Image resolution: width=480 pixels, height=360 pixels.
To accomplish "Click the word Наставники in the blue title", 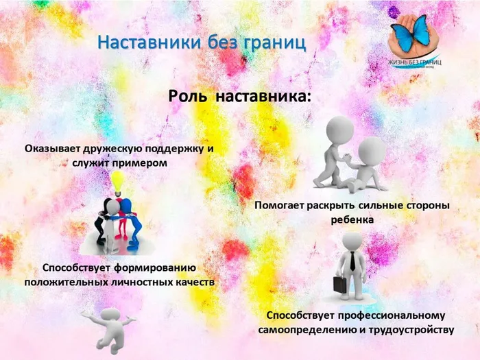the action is point(149,43).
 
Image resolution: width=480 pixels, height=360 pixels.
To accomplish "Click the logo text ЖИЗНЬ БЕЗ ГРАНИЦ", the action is point(414,62).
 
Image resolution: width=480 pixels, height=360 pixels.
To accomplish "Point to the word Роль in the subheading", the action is point(187,96).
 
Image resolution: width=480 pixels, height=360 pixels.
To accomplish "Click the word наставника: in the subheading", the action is point(263,97).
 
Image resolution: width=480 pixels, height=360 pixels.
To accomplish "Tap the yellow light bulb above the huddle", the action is point(119,183).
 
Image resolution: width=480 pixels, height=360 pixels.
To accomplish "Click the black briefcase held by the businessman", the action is point(340,285).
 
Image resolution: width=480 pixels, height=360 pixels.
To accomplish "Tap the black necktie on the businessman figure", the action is point(352,261).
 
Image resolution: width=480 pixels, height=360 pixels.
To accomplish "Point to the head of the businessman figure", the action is point(352,241).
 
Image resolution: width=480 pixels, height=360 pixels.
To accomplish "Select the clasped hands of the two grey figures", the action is point(346,158).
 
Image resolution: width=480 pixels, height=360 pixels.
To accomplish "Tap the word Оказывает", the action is point(52,149).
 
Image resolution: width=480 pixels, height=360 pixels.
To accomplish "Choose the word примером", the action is point(139,163).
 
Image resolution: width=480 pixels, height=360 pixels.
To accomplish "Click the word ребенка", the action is point(352,220).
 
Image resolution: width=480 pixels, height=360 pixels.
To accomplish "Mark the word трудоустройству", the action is point(411,331).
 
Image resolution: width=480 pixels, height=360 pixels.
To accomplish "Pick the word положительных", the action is point(66,282).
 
